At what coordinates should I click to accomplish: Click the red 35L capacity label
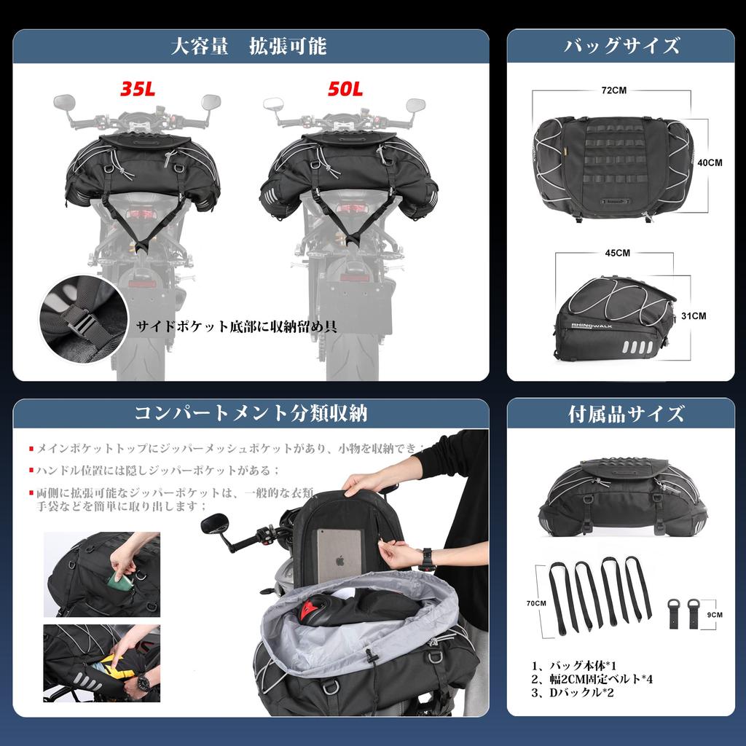point(138,89)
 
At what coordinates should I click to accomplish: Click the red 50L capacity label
point(345,89)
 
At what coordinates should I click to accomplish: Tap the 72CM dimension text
point(614,91)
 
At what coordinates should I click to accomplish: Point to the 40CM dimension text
point(710,163)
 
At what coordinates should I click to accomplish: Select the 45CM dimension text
point(618,253)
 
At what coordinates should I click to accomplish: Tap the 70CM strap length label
point(537,603)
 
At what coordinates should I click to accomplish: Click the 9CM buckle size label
point(715,615)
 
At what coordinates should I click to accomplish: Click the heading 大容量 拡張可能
point(248,47)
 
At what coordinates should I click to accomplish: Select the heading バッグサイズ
point(621,47)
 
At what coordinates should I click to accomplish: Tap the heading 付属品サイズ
point(626,415)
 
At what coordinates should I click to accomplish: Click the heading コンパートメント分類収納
point(251,415)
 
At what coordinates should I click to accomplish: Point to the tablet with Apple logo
point(341,555)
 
